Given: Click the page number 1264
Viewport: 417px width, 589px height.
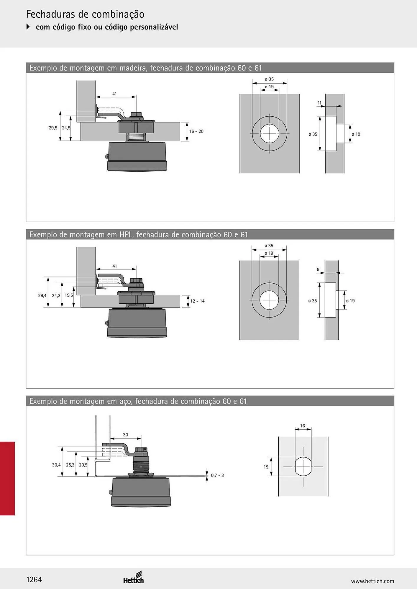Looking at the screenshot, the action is pos(34,579).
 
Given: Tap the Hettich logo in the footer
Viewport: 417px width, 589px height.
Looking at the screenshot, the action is pos(134,578).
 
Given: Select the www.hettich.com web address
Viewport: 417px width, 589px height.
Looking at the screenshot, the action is pos(372,581).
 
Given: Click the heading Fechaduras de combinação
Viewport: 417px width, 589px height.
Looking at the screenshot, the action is pos(85,14).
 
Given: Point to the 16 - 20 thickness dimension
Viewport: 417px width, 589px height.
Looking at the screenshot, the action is pos(196,131).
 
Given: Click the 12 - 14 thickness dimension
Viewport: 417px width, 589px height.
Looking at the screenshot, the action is pos(197,301).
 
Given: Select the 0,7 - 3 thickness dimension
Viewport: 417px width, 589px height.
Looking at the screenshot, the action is pos(217,475).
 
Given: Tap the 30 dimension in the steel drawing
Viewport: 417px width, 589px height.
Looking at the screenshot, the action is pos(126,435).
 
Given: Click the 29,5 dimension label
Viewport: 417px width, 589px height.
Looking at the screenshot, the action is pos(53,128).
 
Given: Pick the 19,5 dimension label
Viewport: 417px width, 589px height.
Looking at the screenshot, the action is pos(69,295).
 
